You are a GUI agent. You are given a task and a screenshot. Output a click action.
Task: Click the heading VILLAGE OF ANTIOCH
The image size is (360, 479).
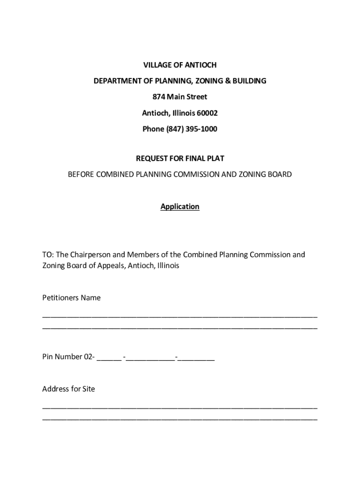pos(180,65)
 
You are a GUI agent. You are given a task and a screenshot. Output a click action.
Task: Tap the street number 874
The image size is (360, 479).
pos(159,97)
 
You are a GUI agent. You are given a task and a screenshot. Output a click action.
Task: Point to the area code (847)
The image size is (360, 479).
pos(173,129)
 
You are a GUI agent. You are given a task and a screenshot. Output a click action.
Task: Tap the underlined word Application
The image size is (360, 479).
pos(180,206)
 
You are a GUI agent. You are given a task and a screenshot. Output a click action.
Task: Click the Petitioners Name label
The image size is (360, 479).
pos(71,298)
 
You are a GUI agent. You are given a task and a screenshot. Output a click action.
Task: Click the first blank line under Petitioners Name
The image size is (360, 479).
pos(180,316)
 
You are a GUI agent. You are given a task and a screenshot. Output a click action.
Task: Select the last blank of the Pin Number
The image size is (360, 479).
pos(196,360)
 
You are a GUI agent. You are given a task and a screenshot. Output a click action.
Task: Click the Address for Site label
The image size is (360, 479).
pos(68,389)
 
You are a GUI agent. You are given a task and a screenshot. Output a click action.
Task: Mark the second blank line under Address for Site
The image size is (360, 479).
pos(180,419)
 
